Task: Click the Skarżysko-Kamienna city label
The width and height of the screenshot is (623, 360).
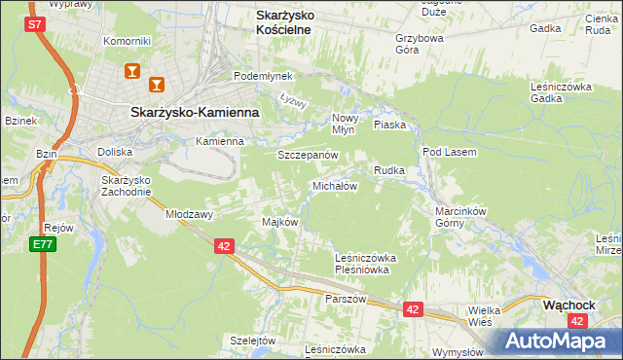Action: (194, 112)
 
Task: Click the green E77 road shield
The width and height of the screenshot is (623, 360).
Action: (42, 244)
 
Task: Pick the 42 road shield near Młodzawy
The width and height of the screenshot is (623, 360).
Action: (224, 247)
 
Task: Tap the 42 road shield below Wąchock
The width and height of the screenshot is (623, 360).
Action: (577, 320)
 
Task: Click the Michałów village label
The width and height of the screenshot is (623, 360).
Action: (335, 185)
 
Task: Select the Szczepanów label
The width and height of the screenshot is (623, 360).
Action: (308, 155)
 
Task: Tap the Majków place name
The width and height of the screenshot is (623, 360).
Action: (279, 222)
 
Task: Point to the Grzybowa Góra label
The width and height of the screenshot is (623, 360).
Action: (419, 45)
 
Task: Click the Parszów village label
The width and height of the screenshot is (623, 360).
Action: (346, 299)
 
